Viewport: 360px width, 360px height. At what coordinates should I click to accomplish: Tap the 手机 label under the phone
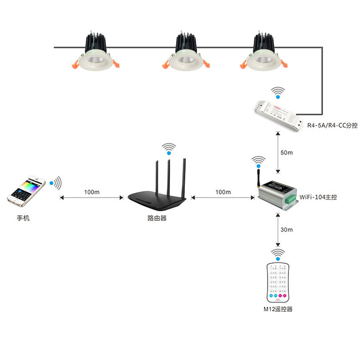(23, 218)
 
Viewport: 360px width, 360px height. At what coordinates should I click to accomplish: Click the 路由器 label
(154, 218)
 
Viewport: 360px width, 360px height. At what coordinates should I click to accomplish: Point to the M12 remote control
(277, 282)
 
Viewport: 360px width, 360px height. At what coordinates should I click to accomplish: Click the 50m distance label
(287, 153)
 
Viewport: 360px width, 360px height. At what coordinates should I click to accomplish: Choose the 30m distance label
(287, 230)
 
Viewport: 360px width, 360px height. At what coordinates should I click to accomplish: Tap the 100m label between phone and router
(92, 192)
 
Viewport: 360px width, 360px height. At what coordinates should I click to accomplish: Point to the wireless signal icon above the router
(169, 149)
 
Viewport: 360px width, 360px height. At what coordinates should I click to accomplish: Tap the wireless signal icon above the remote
(277, 253)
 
